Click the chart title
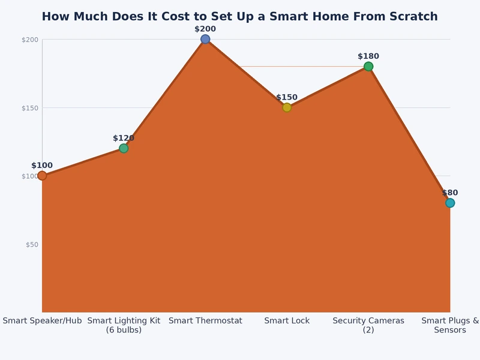(239, 17)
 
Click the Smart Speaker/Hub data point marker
(42, 176)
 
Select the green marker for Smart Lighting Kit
(124, 148)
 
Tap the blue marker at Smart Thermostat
(205, 39)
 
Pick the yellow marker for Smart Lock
(287, 107)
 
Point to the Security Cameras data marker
(368, 67)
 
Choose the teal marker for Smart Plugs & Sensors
(450, 203)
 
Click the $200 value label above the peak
(205, 29)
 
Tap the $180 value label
(368, 56)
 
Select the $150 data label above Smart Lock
(287, 97)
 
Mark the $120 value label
(124, 138)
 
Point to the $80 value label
(450, 193)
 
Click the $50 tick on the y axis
(32, 244)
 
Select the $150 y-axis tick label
(30, 108)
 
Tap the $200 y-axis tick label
(30, 40)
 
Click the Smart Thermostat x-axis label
(205, 321)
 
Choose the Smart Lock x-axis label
(287, 321)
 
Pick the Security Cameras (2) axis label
(368, 325)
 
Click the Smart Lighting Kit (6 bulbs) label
(124, 325)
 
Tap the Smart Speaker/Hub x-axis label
(42, 321)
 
